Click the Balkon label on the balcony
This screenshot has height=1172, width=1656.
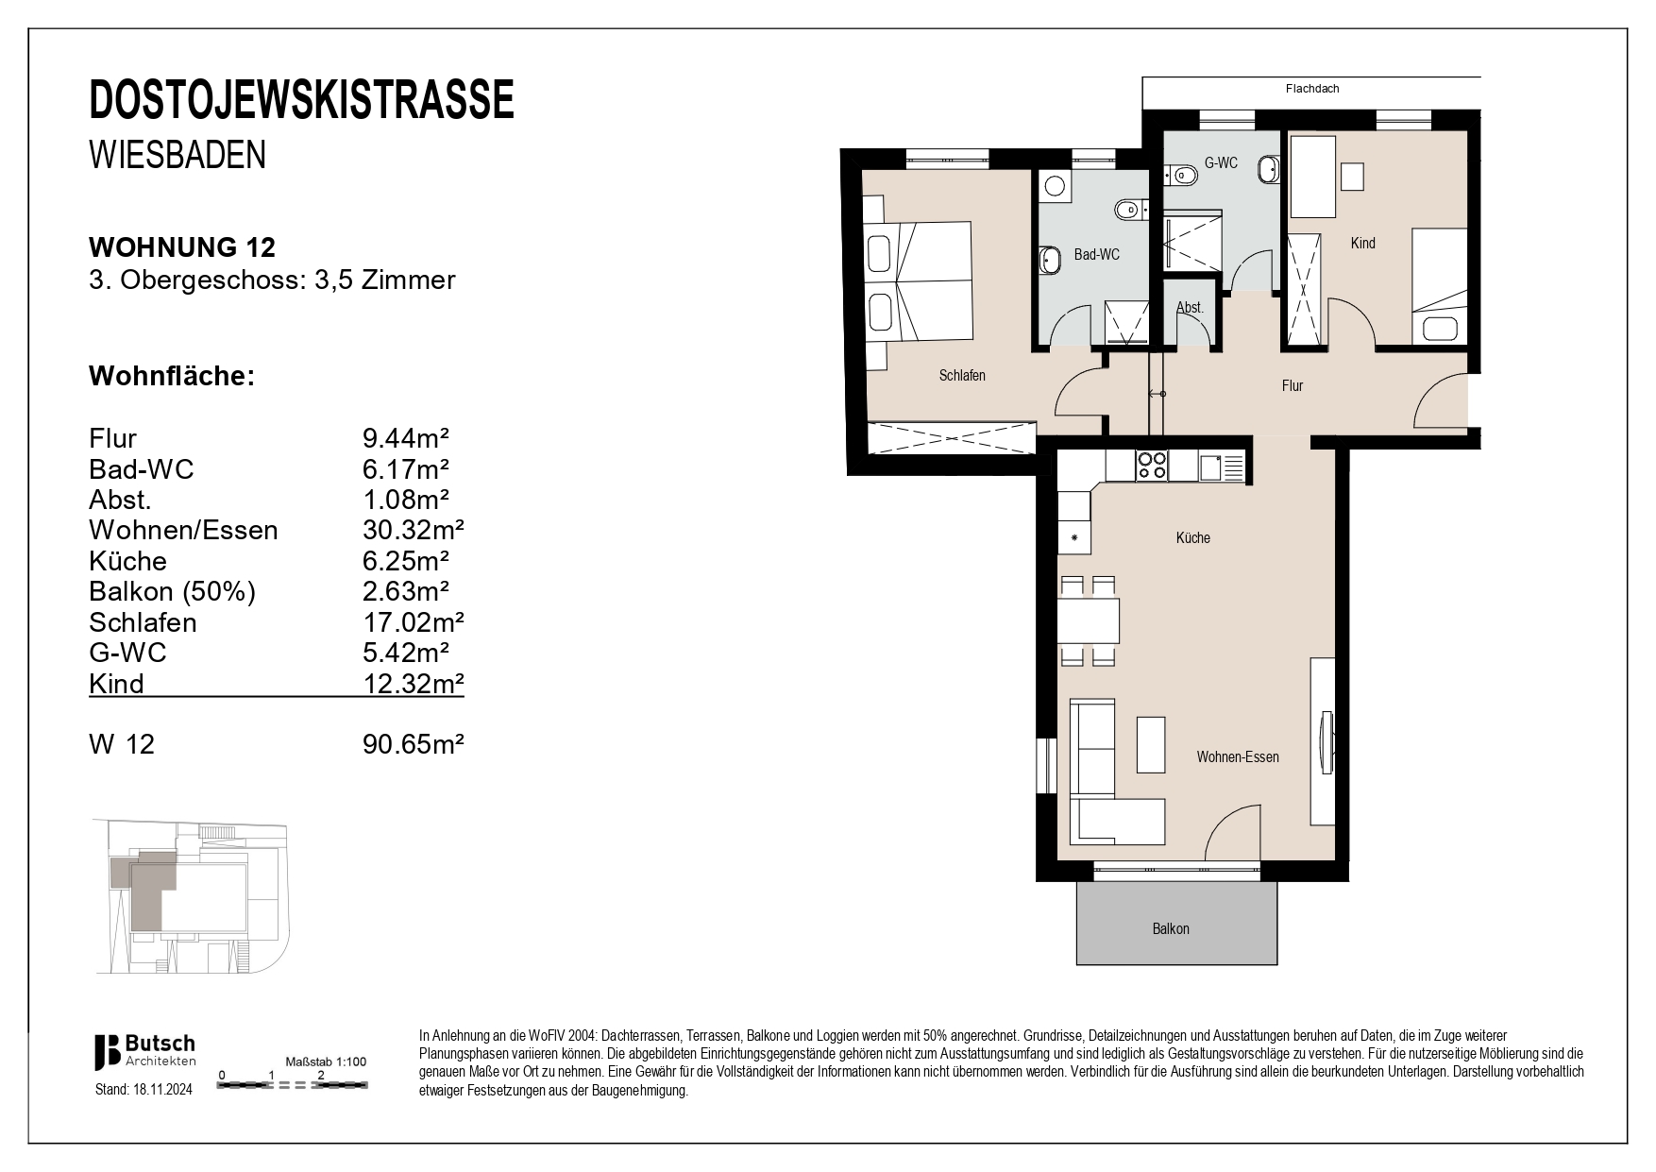(x=1171, y=929)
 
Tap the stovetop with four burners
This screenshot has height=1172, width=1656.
(x=1151, y=465)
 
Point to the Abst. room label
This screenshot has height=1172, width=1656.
(x=1190, y=308)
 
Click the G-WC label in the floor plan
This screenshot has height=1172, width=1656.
(x=1220, y=163)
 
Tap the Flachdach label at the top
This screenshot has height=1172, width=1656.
(x=1311, y=89)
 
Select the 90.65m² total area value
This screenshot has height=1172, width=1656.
(x=413, y=744)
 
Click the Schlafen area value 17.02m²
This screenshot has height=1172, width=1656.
(x=413, y=622)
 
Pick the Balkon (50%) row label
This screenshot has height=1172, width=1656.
(x=172, y=592)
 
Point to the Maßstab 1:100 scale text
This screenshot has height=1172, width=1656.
(x=326, y=1062)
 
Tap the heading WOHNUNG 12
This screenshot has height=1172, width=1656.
(x=182, y=247)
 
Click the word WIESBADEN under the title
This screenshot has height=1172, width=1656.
(x=177, y=155)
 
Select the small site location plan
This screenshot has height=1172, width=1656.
(x=190, y=895)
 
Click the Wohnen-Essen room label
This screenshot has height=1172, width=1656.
(x=1237, y=757)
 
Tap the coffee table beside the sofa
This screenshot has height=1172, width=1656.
(x=1151, y=744)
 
